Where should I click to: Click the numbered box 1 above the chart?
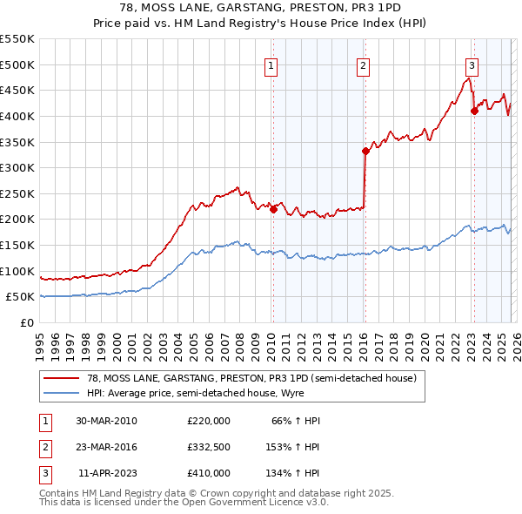271,65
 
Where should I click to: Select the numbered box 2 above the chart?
363,65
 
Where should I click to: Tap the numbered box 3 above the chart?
472,64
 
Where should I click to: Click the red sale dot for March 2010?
273,209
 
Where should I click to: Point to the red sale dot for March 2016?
365,151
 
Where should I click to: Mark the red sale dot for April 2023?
474,111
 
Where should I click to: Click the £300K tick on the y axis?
17,167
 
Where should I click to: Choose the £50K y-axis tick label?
21,297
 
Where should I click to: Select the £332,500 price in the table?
209,447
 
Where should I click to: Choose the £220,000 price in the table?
209,421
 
